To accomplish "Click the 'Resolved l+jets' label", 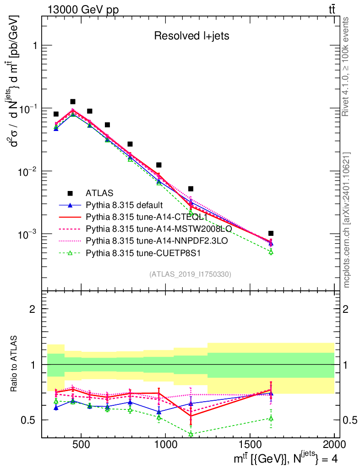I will [x=191, y=36].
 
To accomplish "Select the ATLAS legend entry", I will [x=99, y=193].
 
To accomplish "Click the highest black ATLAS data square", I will [x=72, y=102].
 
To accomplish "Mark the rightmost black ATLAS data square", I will [x=271, y=234].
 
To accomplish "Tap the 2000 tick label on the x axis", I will [x=334, y=445].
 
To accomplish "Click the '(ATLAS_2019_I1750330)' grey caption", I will [x=190, y=274].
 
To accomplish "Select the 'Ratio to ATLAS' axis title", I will [x=16, y=365].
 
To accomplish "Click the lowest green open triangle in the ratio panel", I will [x=190, y=434].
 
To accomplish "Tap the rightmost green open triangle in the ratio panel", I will [x=271, y=418].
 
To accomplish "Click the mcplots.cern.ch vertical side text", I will [x=347, y=220].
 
